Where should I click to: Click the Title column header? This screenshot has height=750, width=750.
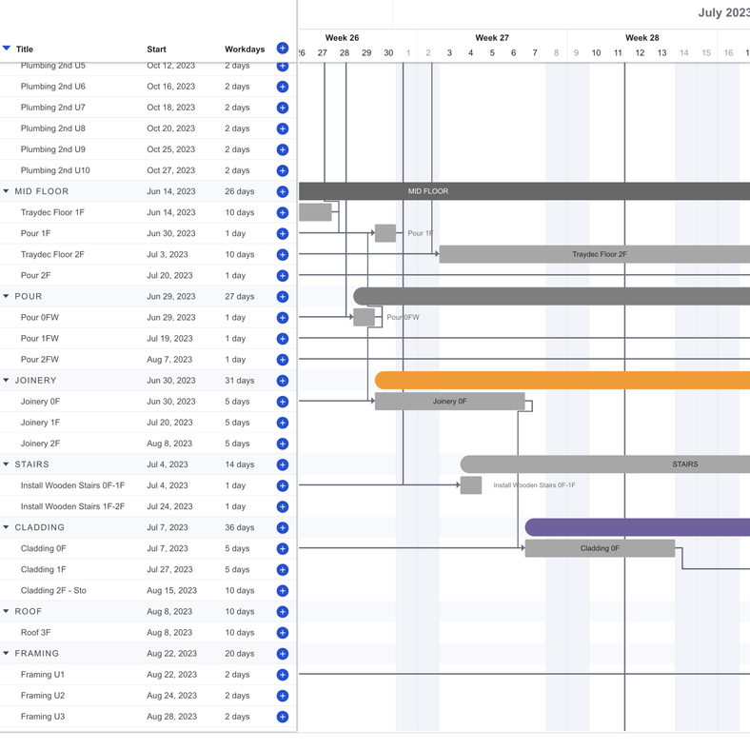coord(25,49)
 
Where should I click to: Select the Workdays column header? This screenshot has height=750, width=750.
coord(245,49)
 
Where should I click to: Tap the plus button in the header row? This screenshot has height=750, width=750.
coord(283,49)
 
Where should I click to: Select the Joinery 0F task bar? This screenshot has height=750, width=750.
coord(449,402)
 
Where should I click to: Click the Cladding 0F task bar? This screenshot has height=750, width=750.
coord(600,548)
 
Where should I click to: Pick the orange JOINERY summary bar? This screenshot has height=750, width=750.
coord(562,381)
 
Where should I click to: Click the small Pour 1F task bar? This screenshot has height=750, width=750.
coord(385,233)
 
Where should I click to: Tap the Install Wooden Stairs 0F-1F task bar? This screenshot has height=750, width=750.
coord(471,485)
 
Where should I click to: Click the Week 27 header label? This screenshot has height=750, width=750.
coord(492,38)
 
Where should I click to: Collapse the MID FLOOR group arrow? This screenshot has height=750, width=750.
coord(7,191)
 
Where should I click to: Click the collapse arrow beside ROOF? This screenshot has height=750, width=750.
coord(7,612)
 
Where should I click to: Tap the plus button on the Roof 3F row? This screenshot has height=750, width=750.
coord(283,633)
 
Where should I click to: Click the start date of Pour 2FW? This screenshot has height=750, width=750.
coord(169,360)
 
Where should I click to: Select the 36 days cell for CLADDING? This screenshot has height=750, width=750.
coord(239,527)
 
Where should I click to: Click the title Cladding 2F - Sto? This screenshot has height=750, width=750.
coord(53,591)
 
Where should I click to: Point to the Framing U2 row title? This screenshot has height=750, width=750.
coord(43,696)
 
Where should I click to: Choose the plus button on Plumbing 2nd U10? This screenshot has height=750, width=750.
coord(283,170)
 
